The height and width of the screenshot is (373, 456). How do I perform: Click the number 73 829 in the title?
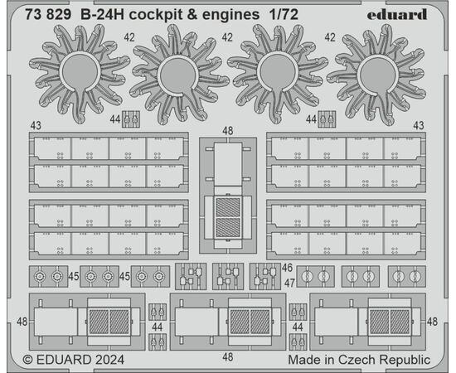pos(48,15)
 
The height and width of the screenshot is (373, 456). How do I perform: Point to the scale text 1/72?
pos(284,15)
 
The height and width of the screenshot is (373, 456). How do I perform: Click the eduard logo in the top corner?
pos(396,14)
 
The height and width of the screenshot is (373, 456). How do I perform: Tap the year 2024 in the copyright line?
pos(109,360)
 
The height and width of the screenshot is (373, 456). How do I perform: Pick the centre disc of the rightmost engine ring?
pos(377,74)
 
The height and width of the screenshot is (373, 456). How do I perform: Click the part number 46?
pos(287,268)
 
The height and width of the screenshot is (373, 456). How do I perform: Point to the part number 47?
pos(289,283)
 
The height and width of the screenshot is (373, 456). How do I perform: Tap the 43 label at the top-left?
pos(36,126)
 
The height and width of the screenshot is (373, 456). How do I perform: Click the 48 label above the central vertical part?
pos(227,131)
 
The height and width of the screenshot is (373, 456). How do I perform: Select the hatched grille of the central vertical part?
pos(228,217)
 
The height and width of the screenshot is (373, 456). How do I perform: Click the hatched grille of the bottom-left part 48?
pos(109,322)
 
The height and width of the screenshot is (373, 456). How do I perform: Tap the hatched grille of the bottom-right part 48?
pos(390,322)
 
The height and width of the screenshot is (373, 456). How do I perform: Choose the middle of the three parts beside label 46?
pos(228,277)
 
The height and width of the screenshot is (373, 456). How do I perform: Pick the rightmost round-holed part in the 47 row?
pos(407,277)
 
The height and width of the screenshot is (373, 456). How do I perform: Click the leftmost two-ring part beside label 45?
pos(49,277)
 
